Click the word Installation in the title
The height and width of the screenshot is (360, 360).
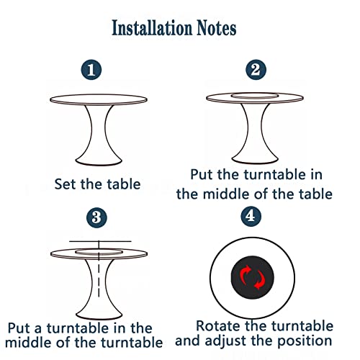(x=152, y=28)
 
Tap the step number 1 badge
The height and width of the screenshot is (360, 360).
(x=91, y=70)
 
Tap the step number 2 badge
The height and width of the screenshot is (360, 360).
(x=256, y=70)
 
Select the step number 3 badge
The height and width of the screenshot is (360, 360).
(x=96, y=217)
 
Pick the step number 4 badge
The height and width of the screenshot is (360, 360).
(x=251, y=216)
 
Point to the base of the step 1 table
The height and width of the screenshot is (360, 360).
(x=99, y=161)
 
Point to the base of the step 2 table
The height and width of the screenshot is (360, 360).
(x=255, y=159)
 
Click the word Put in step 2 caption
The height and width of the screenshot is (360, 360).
(x=202, y=174)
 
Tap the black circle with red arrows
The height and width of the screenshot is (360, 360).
(x=253, y=277)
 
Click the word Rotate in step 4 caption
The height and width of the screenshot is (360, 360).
(x=219, y=326)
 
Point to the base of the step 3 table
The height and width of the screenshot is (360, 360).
(x=99, y=314)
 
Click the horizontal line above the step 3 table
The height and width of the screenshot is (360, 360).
(x=100, y=241)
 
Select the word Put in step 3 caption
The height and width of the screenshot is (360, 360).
(x=19, y=328)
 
